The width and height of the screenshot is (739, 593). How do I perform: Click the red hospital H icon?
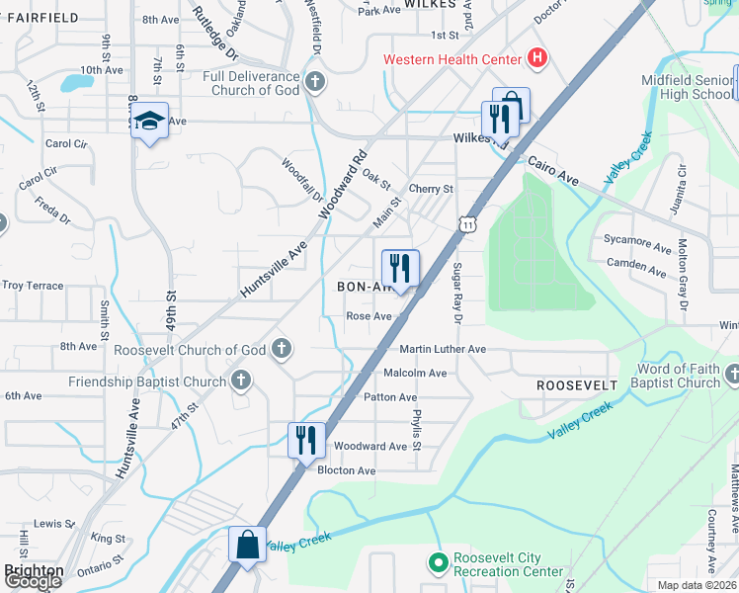coord(536,59)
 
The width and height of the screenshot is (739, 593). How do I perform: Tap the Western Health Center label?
coord(452,59)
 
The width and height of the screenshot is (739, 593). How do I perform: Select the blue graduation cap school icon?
coord(149,121)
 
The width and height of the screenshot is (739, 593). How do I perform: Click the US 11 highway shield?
coord(466,225)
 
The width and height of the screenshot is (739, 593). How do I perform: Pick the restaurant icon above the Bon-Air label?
coord(400,268)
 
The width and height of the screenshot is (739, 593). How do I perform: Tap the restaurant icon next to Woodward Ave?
coord(306,440)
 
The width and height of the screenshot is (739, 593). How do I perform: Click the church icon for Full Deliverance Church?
coord(314,82)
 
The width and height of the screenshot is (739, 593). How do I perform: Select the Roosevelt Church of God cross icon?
coord(282,349)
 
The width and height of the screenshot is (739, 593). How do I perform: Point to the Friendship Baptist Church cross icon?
coord(240,381)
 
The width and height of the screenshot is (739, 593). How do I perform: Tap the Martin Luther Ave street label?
coord(443,349)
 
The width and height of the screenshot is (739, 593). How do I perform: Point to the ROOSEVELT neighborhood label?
coord(577,383)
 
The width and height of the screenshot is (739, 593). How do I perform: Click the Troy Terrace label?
coord(33,286)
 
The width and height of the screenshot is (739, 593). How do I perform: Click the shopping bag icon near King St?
coord(245,545)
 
